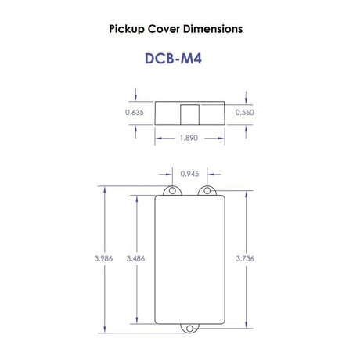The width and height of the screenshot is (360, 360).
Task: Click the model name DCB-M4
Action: [x=173, y=59]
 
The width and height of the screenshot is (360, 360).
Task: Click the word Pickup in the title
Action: [x=127, y=29]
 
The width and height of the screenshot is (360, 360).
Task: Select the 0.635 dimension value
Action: [x=135, y=113]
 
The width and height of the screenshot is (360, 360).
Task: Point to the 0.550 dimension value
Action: [x=244, y=113]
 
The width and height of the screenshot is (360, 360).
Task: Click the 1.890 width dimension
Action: [x=189, y=138]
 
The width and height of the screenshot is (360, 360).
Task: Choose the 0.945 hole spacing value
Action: [x=189, y=174]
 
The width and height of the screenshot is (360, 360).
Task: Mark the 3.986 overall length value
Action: [x=103, y=258]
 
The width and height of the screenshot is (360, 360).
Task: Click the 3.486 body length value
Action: [x=135, y=258]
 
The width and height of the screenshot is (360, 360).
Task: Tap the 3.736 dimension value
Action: [x=245, y=258]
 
